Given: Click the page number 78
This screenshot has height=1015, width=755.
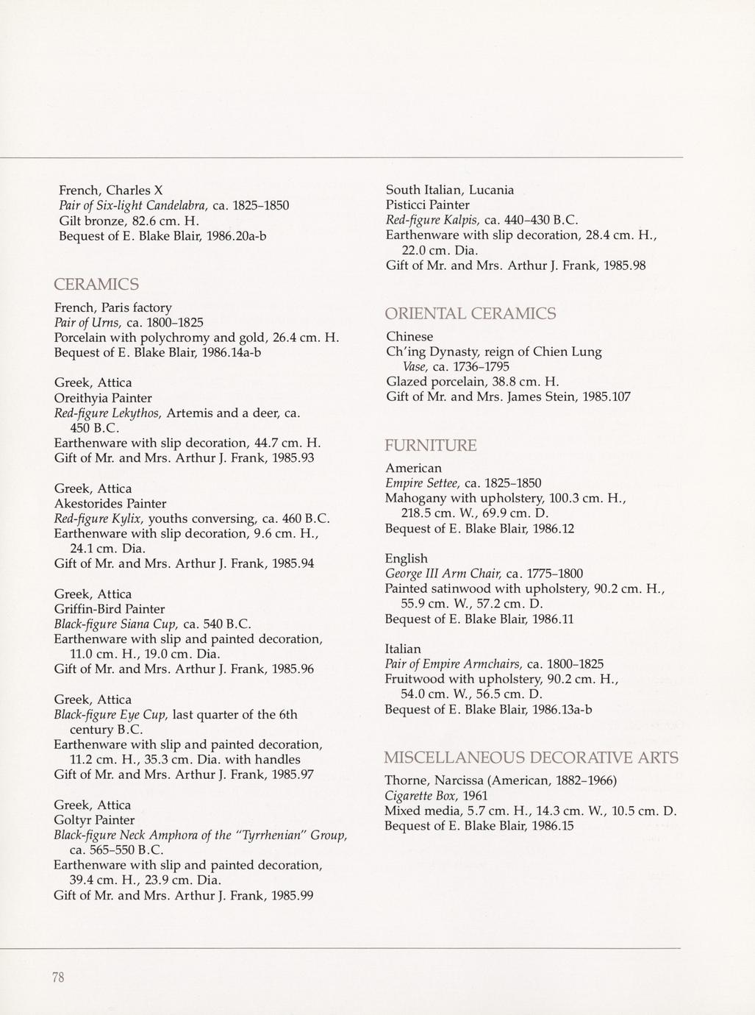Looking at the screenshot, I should tap(59, 977).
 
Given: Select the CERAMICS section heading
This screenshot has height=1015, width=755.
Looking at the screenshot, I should tap(96, 284).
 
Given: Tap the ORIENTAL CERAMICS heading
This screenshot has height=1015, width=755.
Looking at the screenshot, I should tap(470, 314).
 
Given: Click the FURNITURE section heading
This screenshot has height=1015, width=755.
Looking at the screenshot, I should tap(431, 446).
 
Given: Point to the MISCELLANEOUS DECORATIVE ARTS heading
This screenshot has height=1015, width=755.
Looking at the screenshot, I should tap(531, 758).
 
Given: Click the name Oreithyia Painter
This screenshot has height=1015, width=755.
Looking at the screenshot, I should tap(103, 398).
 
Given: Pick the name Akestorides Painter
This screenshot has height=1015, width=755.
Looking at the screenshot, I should tap(110, 504).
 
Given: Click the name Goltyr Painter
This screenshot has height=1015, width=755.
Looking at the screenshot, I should tap(94, 819).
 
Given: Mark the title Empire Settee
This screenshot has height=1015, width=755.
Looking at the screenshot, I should tap(422, 483).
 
